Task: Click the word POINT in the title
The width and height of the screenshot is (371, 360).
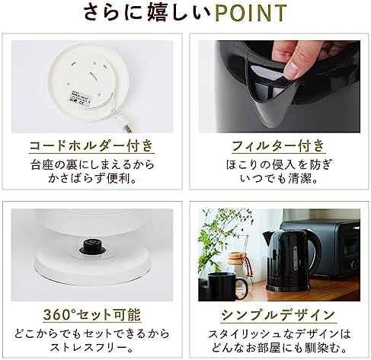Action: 251,13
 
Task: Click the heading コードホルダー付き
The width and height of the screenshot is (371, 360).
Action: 91,145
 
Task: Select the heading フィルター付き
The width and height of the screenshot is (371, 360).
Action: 279,145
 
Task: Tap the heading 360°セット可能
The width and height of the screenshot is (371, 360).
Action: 92,314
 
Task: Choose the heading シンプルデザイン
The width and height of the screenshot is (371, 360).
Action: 278,315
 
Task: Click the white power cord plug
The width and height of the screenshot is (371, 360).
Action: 125,125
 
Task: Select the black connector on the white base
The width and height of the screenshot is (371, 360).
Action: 92,246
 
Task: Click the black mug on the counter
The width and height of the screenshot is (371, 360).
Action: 227,286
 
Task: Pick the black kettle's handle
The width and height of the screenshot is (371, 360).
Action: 315,256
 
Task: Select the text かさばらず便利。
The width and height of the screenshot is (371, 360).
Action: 92,178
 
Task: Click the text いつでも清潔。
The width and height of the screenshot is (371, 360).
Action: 279,178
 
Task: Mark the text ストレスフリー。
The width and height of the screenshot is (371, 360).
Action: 92,348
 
